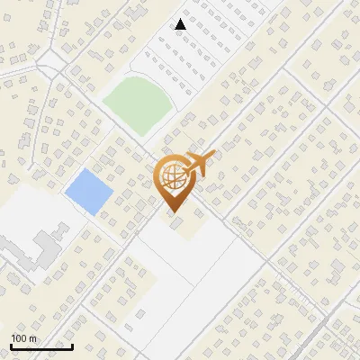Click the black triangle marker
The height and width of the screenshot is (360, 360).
click(181, 24)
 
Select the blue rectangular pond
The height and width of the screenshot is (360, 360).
click(88, 191)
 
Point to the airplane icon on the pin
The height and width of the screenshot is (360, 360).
click(199, 164)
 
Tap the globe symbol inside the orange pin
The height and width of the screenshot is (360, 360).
click(172, 175)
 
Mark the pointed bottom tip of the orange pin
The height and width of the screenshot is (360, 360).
click(173, 211)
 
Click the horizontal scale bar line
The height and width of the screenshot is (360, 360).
click(41, 346)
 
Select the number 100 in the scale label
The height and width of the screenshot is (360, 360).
click(20, 338)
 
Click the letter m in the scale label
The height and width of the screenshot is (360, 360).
click(32, 338)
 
